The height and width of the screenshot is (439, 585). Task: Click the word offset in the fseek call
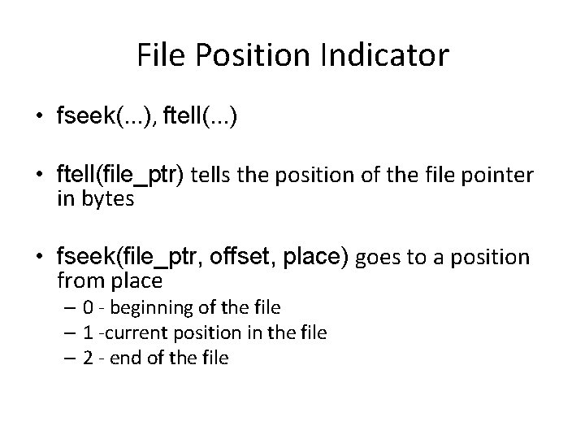(236, 259)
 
